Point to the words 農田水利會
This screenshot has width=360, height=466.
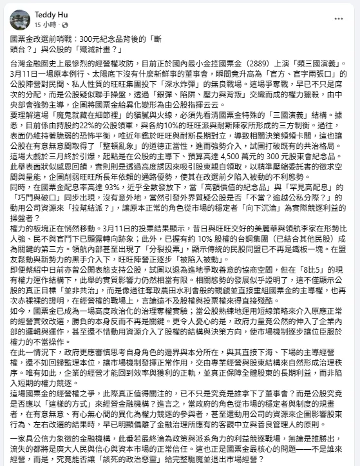coord(200,345)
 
